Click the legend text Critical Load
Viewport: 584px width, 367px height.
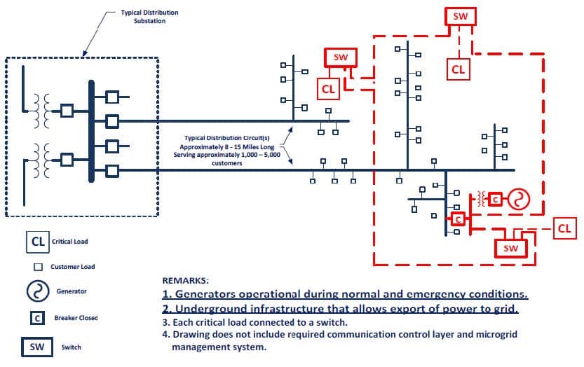pyautogui.click(x=70, y=242)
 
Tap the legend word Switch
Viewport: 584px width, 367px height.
pyautogui.click(x=71, y=347)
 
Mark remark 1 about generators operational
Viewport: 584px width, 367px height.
pyautogui.click(x=345, y=294)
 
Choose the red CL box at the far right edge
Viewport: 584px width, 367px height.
pyautogui.click(x=564, y=228)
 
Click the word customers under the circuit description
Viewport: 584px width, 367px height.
pyautogui.click(x=226, y=163)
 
